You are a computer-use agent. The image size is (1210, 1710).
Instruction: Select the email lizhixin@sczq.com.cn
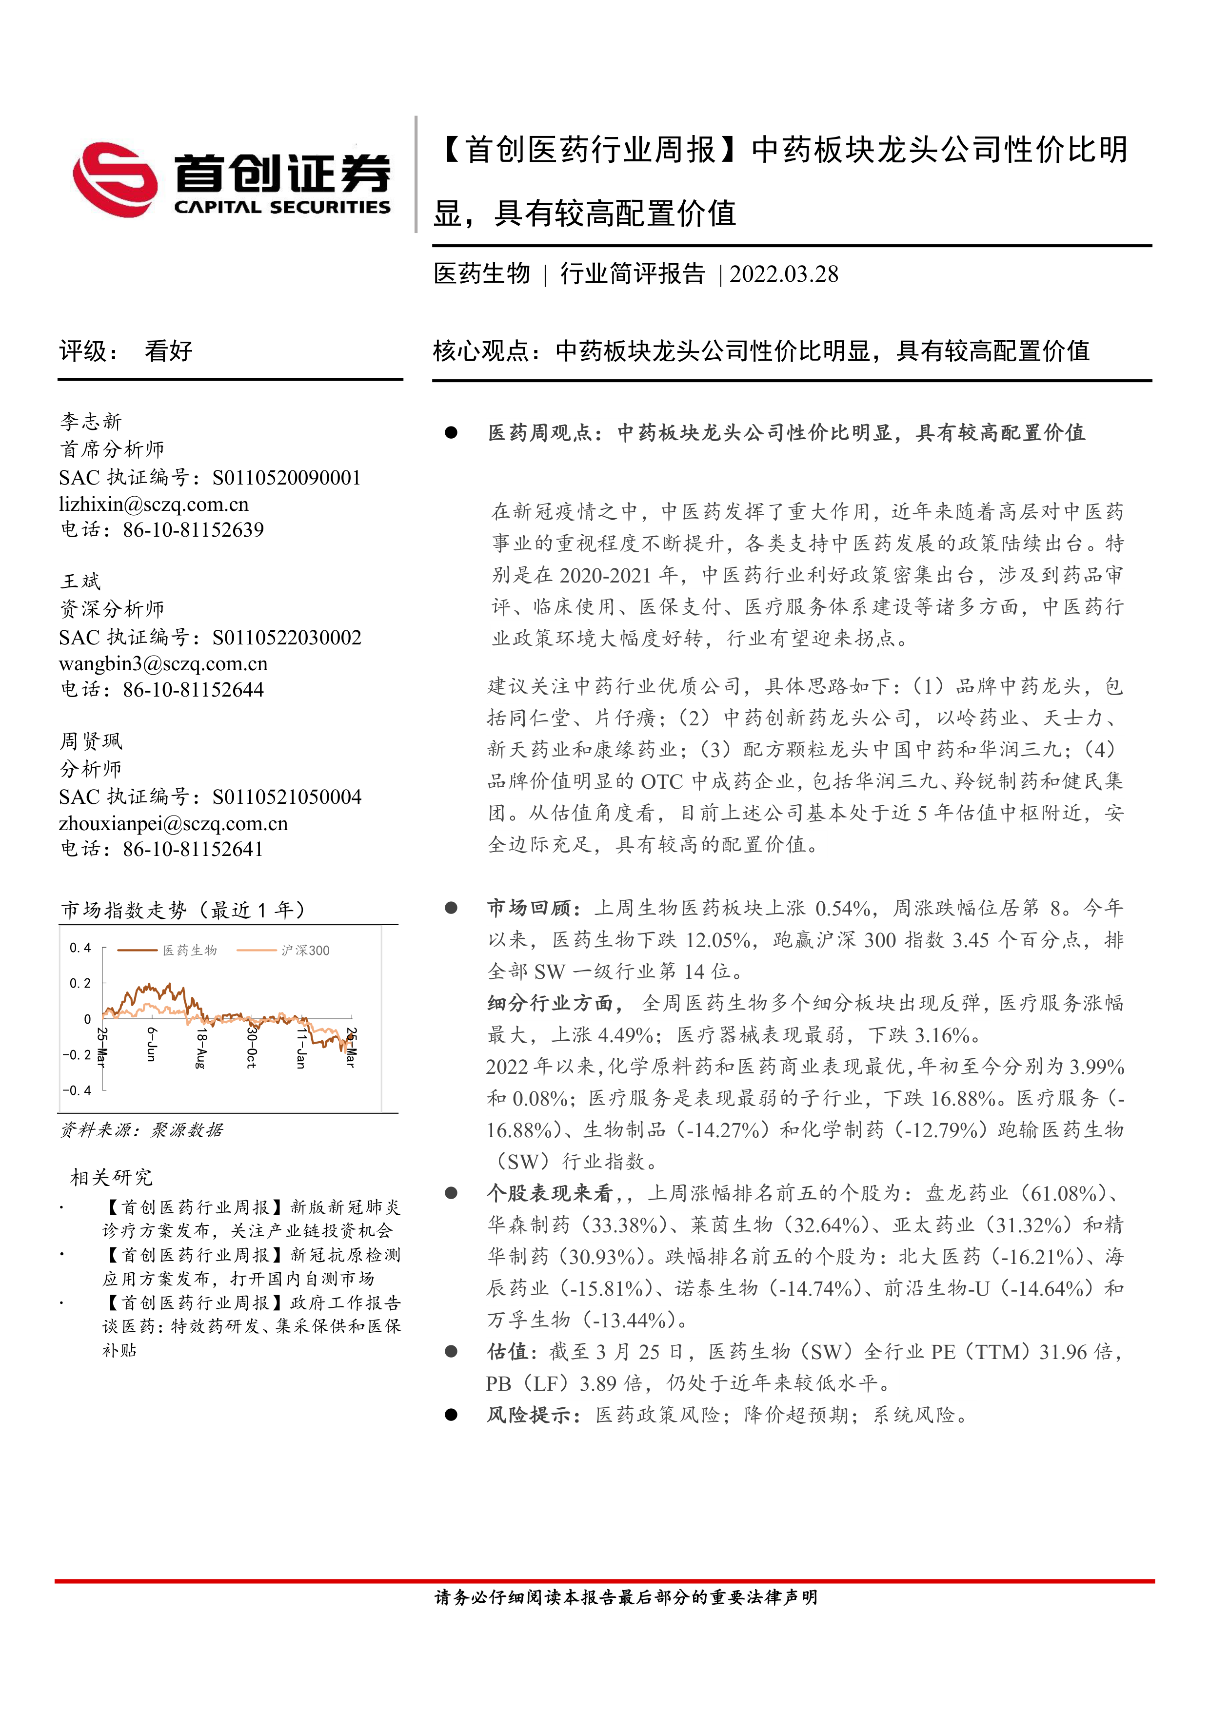click(x=154, y=504)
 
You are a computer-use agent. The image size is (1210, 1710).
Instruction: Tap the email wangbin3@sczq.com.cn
click(x=163, y=663)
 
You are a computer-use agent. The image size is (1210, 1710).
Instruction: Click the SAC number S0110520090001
click(x=287, y=477)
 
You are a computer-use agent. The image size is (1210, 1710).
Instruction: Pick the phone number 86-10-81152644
click(x=193, y=690)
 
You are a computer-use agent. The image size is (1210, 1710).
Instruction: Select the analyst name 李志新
click(x=91, y=422)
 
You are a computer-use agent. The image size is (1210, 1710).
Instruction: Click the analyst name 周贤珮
click(x=91, y=741)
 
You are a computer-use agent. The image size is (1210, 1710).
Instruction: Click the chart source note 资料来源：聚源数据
click(x=141, y=1130)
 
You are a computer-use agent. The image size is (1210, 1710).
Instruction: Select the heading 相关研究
click(x=111, y=1178)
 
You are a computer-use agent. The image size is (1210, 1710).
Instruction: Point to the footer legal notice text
click(x=626, y=1597)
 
